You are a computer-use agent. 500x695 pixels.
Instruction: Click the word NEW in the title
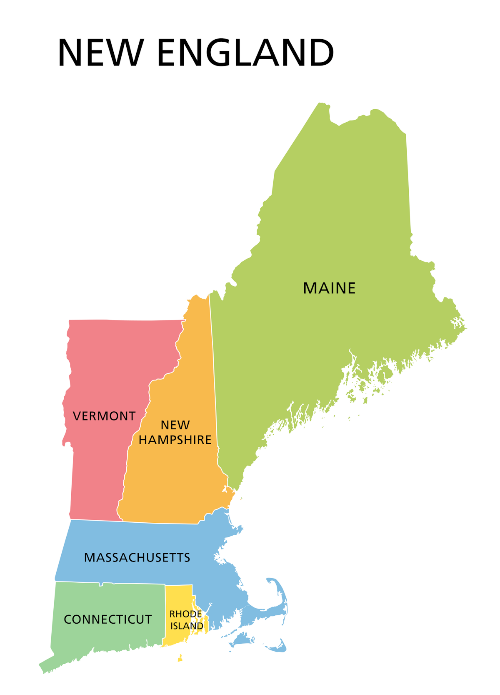coord(101,53)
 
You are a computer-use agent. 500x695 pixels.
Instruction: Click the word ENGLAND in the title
coord(245,53)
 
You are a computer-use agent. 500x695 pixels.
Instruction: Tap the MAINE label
coord(329,288)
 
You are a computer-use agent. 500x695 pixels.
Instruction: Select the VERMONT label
coord(104,416)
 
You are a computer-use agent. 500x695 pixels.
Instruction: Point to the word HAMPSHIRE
coord(175,440)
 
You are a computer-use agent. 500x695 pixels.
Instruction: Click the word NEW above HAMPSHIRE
coord(175,425)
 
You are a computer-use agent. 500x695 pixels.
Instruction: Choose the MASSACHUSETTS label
coord(137,557)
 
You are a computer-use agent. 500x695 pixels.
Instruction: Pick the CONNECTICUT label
coord(107,619)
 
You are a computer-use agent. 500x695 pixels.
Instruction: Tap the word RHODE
coord(185,614)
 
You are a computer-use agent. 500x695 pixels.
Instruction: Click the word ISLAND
coord(187,626)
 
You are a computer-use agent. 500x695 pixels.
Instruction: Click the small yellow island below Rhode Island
coord(180,658)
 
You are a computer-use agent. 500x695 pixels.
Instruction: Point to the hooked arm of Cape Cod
coord(281,592)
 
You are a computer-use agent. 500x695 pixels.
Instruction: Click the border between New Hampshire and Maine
coord(214,375)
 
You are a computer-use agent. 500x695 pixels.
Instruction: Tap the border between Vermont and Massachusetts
coord(96,520)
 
